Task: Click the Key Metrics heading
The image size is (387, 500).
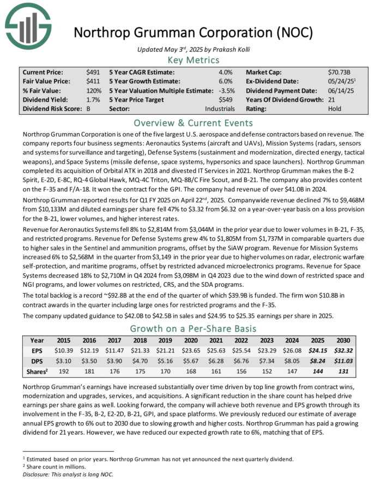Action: (x=193, y=60)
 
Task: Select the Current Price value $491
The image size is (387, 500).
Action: (x=93, y=72)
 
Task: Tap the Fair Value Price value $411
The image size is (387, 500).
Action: (x=93, y=81)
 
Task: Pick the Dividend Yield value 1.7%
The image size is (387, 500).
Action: (x=93, y=100)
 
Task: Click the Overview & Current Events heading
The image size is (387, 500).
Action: (x=193, y=122)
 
